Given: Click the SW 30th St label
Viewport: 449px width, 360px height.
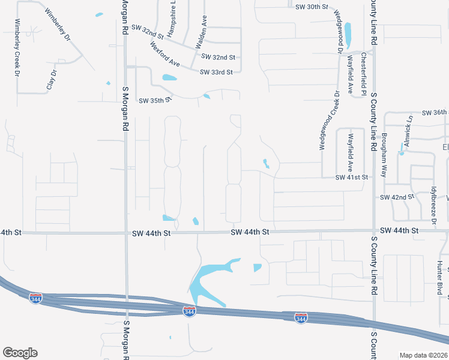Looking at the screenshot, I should point(313,7).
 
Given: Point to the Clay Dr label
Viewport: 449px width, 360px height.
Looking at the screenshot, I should point(52,80).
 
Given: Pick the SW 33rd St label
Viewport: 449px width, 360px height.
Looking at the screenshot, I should point(216,73).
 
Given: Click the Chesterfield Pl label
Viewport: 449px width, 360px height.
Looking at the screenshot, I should point(364,74).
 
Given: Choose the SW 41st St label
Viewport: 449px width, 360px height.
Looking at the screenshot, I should point(351,178).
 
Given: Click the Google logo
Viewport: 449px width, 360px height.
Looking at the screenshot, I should point(20,353).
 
